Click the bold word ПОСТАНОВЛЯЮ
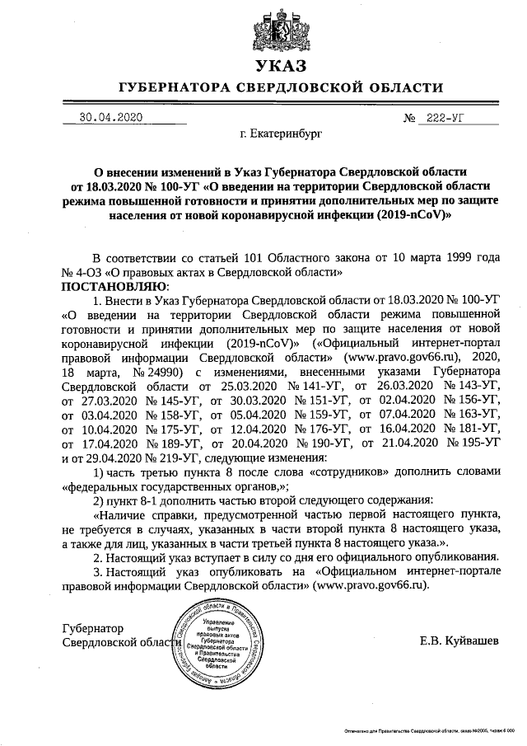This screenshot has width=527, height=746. (114, 285)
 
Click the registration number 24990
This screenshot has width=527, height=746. (143, 369)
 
